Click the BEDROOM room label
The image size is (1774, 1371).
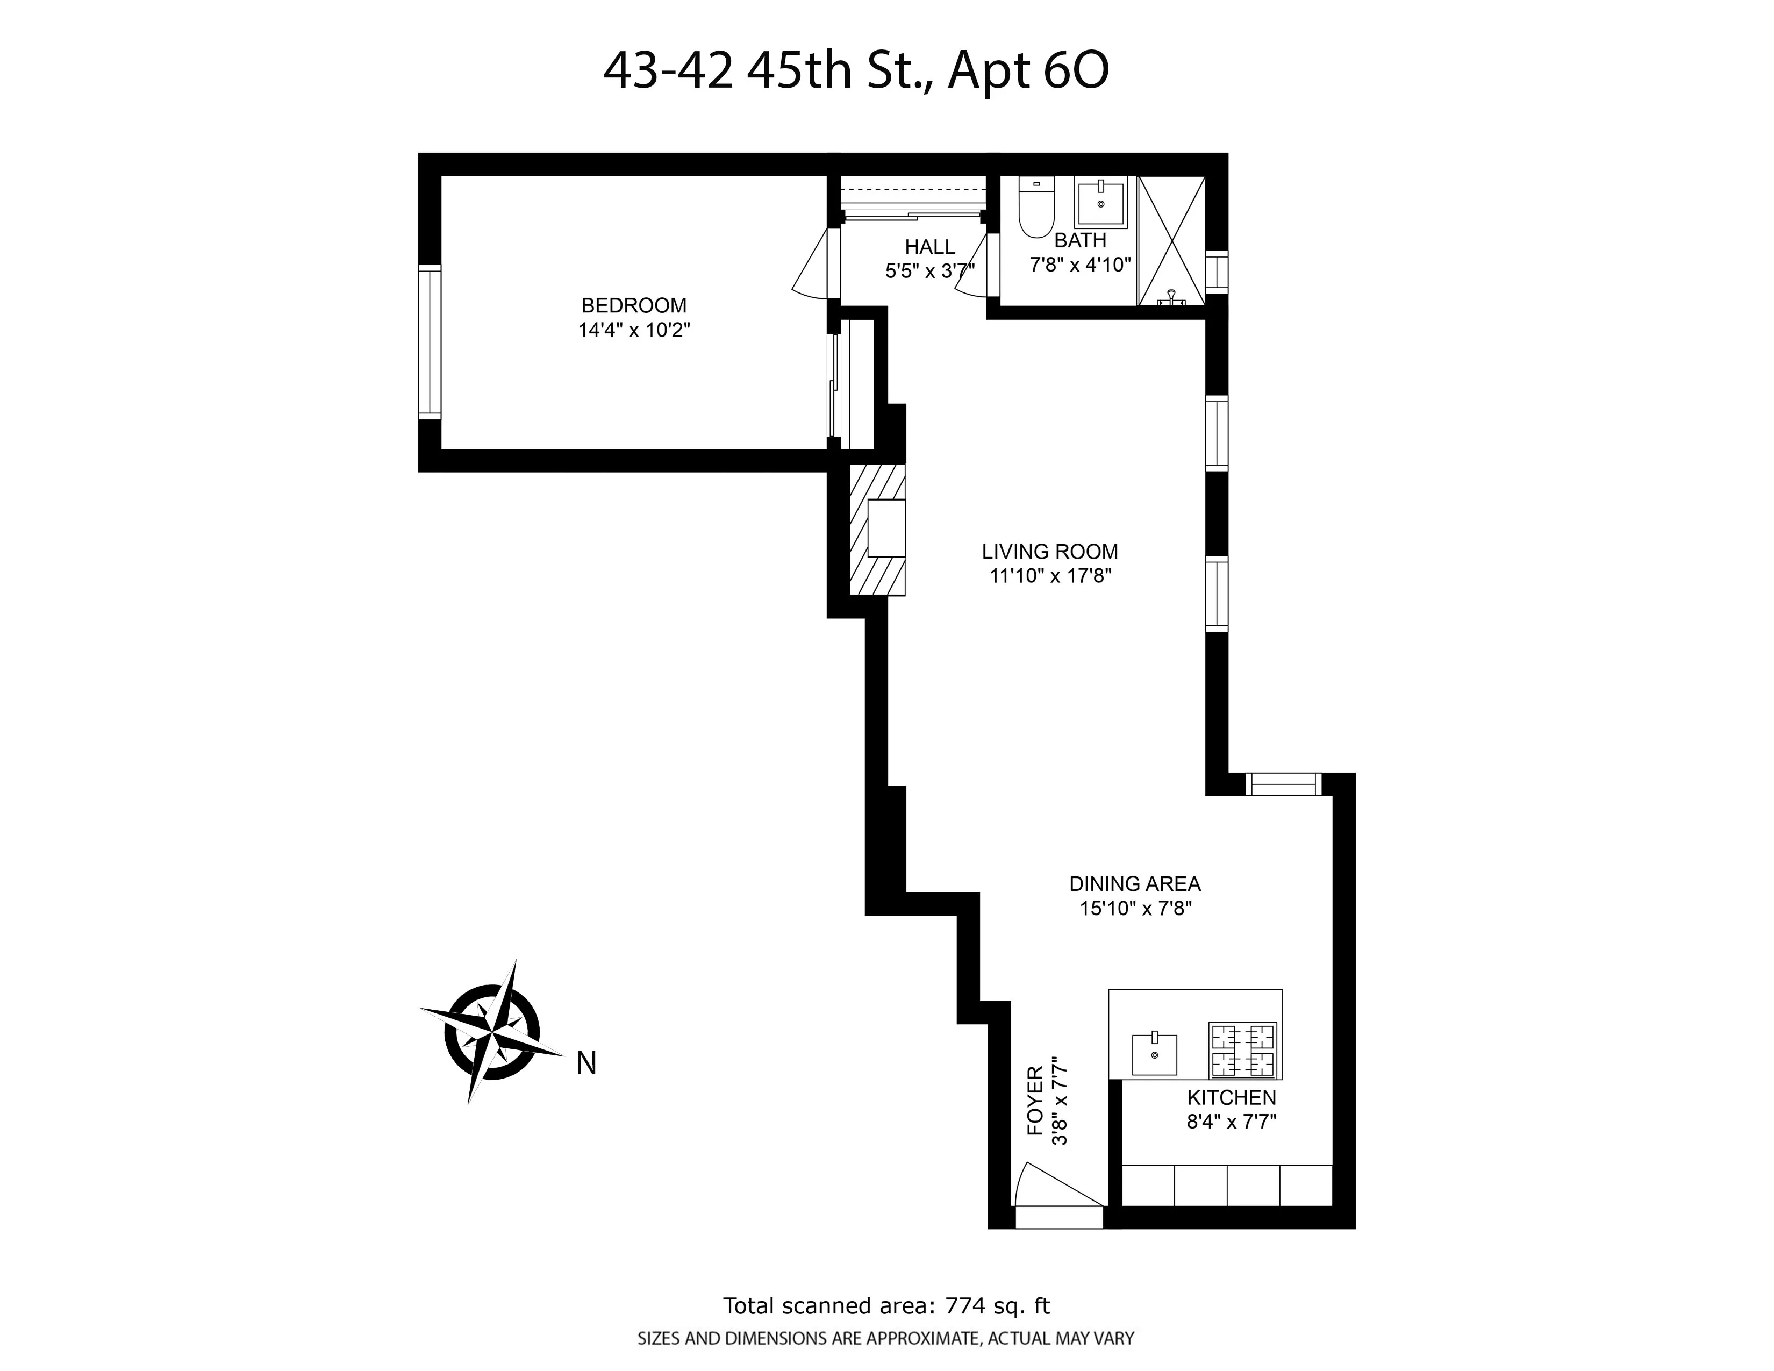tap(634, 305)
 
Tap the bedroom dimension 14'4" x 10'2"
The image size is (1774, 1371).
tap(634, 331)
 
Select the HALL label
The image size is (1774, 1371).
tap(930, 247)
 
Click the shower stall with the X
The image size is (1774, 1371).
tap(1170, 241)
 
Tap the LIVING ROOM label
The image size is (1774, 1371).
tap(1049, 552)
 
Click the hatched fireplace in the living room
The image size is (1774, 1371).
tap(877, 530)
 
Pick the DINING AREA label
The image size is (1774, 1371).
tap(1135, 884)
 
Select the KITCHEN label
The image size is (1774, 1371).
tap(1232, 1097)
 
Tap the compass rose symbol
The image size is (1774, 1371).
tap(491, 1032)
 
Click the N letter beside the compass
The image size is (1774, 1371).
tap(586, 1064)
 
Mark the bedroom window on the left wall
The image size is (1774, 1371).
tap(430, 342)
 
